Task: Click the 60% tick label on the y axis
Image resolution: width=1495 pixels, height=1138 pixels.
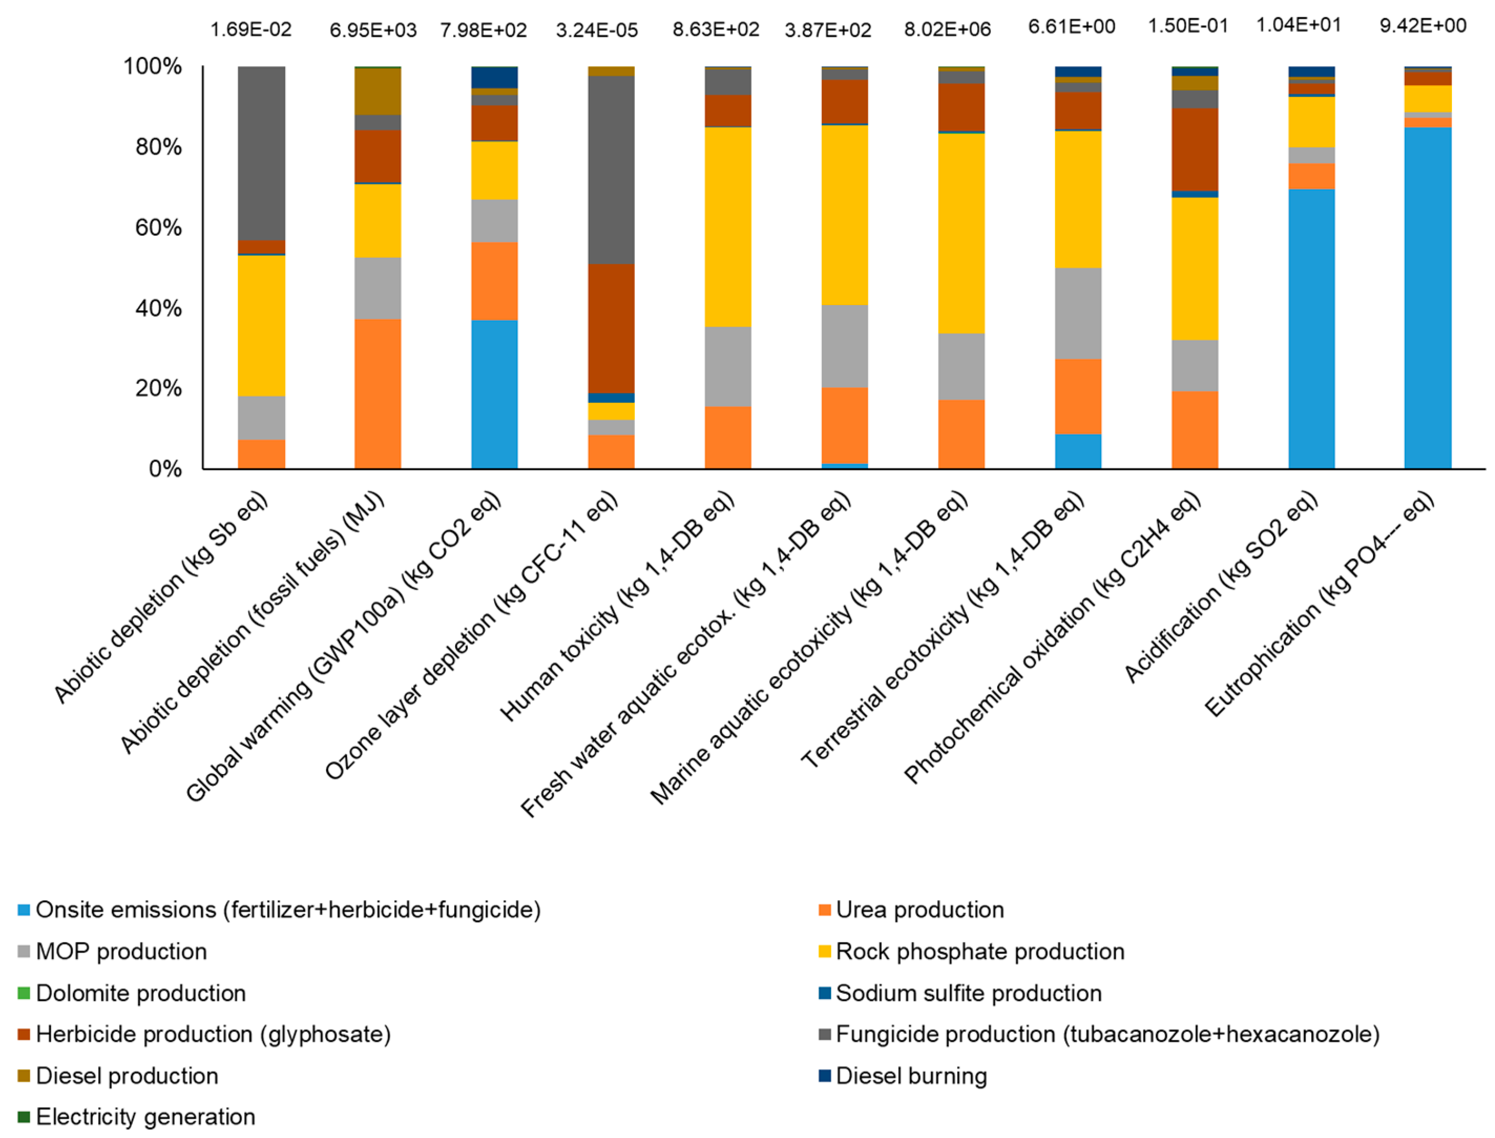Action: click(158, 227)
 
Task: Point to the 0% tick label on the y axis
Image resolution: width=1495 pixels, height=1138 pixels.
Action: click(164, 469)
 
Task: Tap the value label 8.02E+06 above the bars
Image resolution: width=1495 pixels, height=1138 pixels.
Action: click(946, 29)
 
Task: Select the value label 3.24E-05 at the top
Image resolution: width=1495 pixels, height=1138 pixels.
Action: click(596, 30)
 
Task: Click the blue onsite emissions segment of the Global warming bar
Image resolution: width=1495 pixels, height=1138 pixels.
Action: click(494, 394)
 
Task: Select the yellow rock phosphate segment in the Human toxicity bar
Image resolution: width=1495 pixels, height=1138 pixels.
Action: click(727, 227)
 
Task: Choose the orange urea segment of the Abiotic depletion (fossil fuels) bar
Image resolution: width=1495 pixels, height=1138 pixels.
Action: click(378, 394)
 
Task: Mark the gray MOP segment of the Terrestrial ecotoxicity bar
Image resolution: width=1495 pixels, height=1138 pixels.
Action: click(1077, 314)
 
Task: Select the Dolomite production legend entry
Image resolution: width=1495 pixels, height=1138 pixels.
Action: click(140, 993)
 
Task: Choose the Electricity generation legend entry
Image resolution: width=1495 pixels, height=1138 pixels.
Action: click(145, 1117)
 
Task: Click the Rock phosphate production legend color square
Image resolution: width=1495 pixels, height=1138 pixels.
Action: click(824, 952)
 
